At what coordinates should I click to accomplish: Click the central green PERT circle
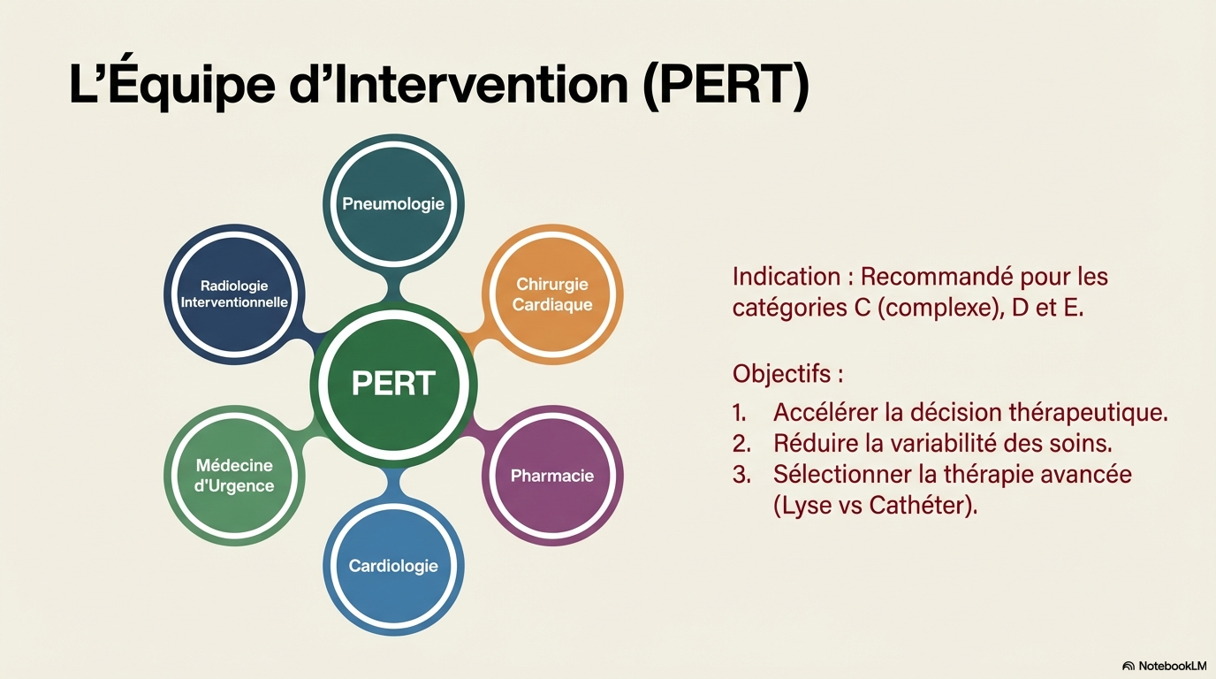393,384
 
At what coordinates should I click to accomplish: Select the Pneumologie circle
393,204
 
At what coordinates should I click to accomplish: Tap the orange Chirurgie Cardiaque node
552,294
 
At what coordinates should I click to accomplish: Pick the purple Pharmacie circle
552,476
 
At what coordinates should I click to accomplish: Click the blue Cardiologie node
393,566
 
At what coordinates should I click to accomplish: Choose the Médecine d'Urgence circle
234,476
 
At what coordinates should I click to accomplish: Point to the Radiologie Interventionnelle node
234,294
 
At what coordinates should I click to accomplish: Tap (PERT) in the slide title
726,84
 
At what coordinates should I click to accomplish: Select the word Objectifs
782,374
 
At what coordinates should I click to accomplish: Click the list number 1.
739,413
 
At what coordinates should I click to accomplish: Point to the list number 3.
741,475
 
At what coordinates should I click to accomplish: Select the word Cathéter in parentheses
923,506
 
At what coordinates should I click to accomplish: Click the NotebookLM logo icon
1129,666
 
